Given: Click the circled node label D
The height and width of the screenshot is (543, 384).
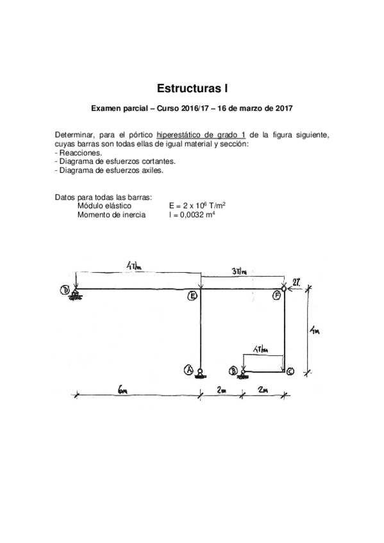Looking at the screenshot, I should (x=65, y=290).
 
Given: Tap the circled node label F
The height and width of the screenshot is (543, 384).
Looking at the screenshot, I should (x=276, y=296).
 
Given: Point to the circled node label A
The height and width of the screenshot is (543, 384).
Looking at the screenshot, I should (x=189, y=369).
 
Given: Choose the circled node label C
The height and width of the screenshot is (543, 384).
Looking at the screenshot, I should (x=290, y=371).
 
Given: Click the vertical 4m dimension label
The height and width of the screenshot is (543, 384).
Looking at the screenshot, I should (x=313, y=331).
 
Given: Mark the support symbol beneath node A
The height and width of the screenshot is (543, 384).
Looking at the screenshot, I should (x=200, y=374).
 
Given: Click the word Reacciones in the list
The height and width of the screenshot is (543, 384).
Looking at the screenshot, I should (x=80, y=154).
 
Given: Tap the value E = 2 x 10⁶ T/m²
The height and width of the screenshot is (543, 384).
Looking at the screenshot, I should (x=197, y=206).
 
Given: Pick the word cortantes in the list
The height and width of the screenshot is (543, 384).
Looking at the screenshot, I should (x=157, y=163).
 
